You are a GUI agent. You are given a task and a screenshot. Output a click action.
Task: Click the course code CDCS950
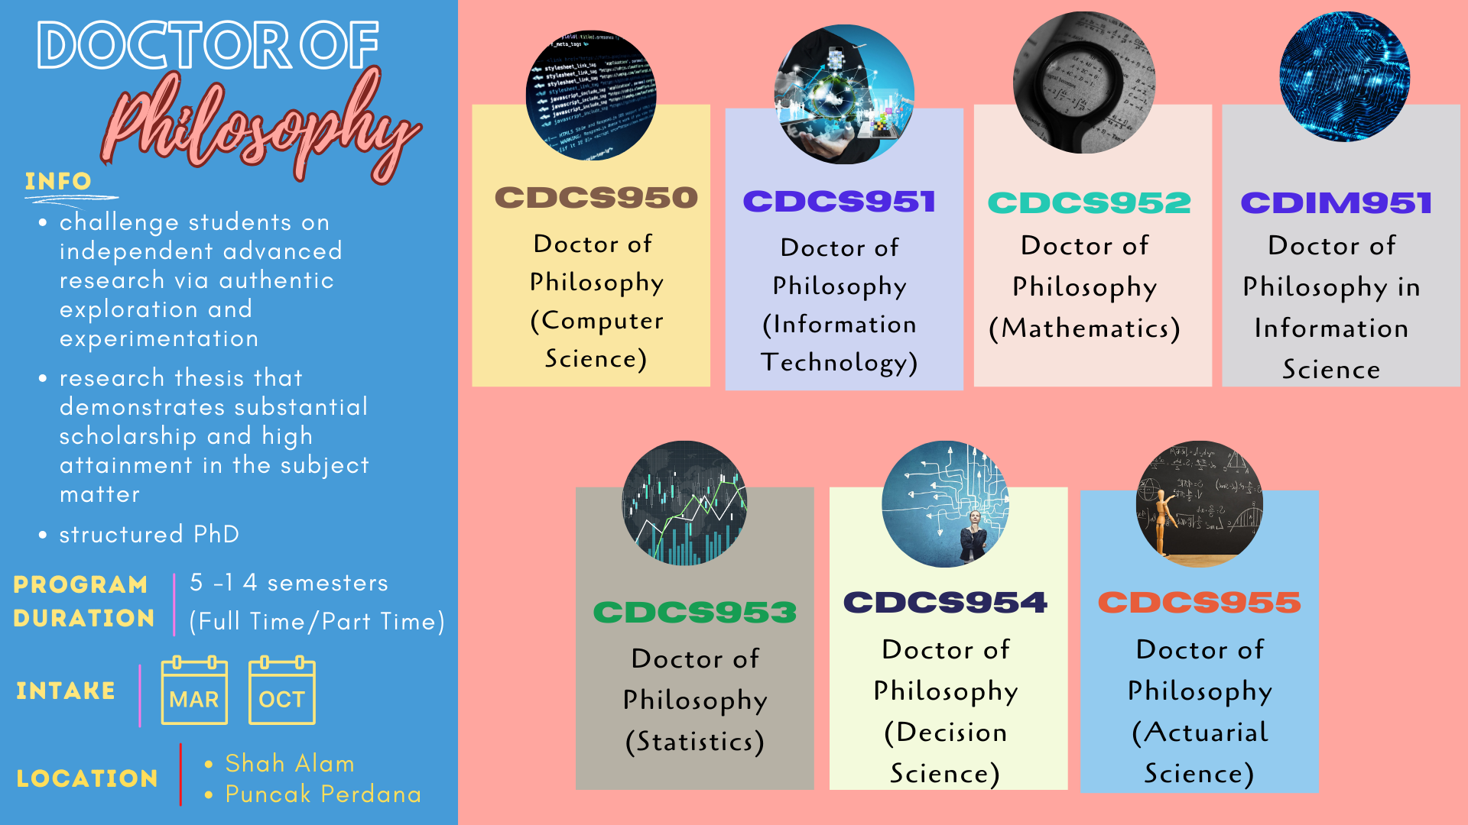(596, 198)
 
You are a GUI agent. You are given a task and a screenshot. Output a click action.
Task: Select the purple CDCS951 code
(840, 202)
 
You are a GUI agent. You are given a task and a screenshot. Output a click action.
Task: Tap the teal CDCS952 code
(1090, 202)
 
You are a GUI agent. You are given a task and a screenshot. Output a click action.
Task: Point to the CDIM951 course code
(1336, 202)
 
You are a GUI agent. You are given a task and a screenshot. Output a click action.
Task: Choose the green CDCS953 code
(695, 612)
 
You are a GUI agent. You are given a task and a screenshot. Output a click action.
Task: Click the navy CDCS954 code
(945, 602)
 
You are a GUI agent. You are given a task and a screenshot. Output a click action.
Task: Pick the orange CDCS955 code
(1199, 602)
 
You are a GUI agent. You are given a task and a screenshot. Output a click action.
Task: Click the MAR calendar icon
(194, 690)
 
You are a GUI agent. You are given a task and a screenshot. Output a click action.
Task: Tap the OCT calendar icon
(282, 690)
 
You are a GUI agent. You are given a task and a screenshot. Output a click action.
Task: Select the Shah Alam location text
(290, 763)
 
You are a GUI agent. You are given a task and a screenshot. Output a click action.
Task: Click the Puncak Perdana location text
(323, 794)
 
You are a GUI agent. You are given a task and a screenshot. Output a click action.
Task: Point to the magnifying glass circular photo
(1083, 82)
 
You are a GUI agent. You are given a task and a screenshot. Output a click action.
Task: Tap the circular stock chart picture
(685, 503)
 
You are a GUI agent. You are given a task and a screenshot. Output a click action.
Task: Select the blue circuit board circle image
(1345, 76)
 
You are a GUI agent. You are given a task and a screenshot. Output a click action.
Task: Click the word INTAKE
(66, 691)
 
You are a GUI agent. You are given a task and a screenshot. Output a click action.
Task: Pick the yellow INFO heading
(58, 181)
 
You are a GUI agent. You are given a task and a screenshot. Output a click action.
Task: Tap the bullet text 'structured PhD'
(150, 534)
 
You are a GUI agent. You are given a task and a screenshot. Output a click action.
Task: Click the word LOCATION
(87, 778)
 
